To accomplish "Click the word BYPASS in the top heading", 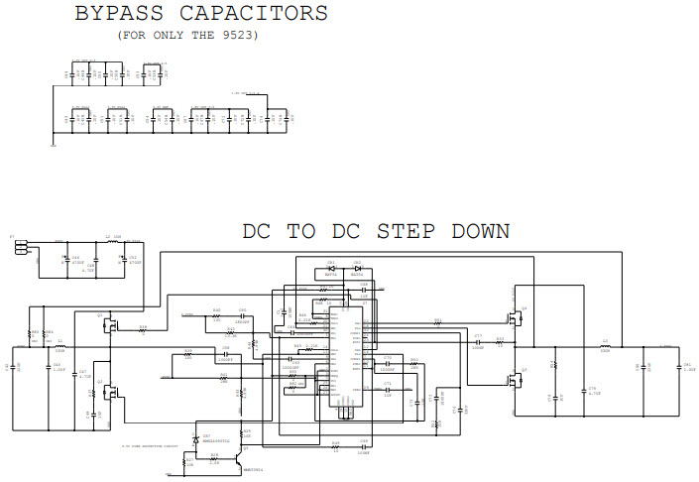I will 120,14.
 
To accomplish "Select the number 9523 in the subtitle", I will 242,35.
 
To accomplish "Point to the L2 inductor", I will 108,241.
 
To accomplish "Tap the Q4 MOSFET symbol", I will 513,317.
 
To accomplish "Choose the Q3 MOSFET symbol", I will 513,378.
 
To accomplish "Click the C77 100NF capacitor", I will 478,342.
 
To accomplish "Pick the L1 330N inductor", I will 59,346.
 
